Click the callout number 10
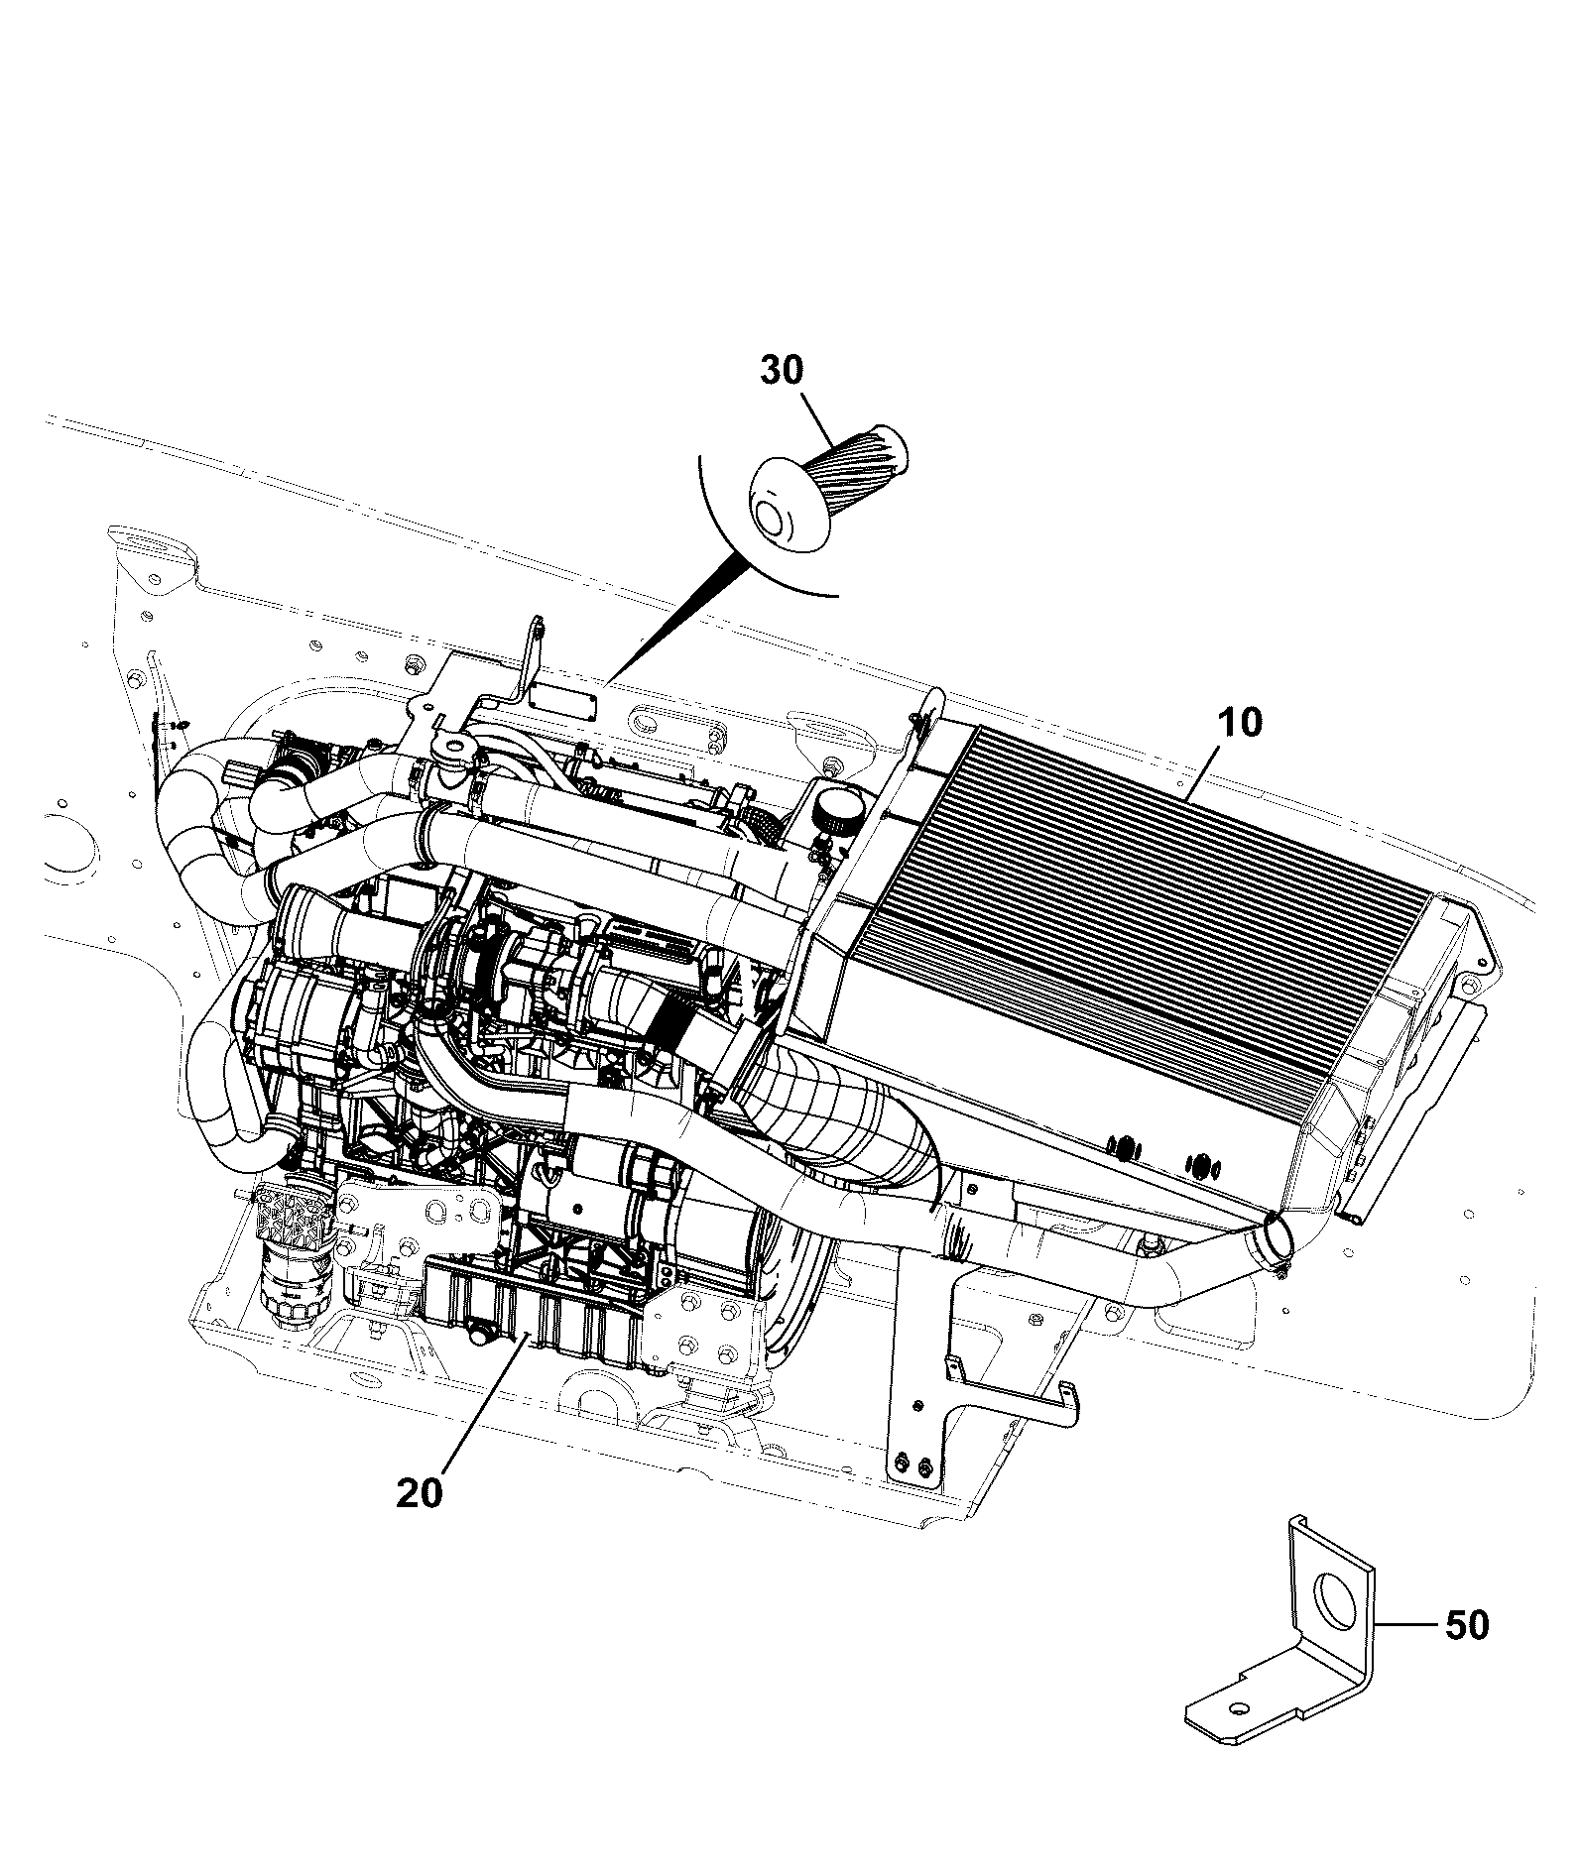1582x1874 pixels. point(1239,723)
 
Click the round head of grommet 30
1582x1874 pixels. point(789,505)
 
